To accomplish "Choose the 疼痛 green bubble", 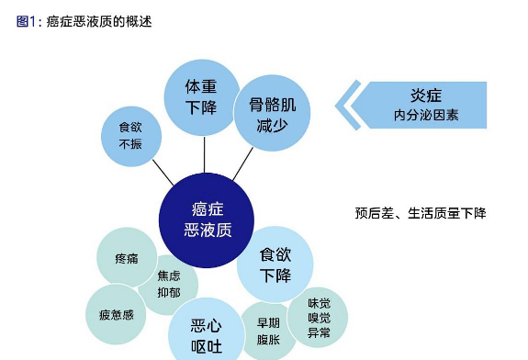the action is click(x=127, y=257).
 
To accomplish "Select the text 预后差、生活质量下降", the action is click(x=421, y=213).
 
